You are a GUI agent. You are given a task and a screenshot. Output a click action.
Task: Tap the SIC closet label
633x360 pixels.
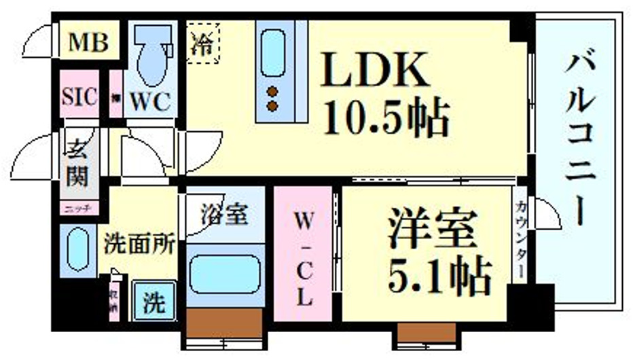coord(80,95)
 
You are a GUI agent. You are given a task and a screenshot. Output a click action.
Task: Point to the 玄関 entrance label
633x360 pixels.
coord(77,164)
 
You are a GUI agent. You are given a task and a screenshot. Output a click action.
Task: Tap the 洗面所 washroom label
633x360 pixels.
coord(141,245)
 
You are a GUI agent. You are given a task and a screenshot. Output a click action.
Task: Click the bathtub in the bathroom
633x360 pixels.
coord(224,274)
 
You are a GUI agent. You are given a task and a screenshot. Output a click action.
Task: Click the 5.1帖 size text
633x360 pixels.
coord(439,274)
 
